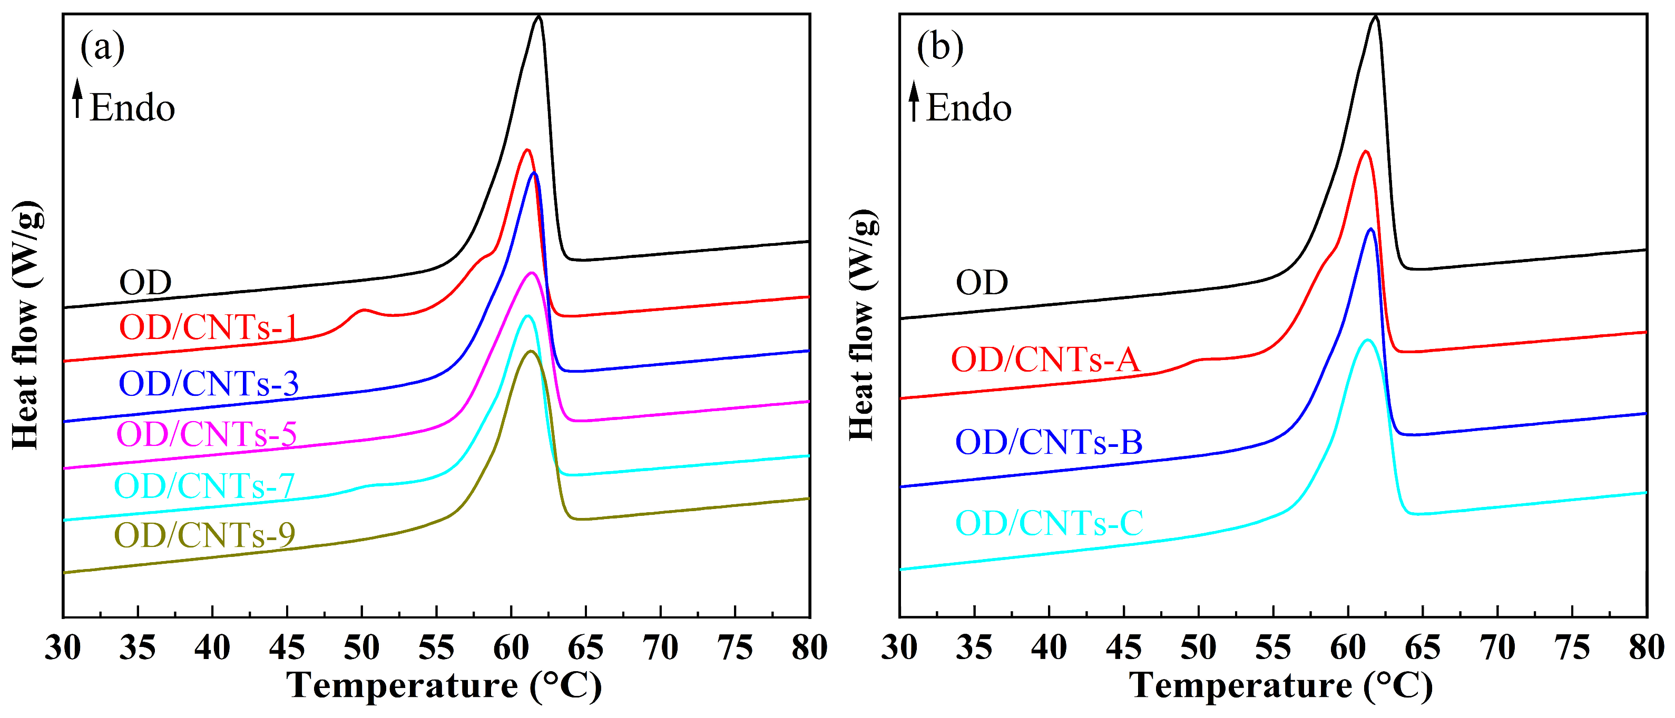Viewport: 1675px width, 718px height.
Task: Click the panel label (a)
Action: click(102, 47)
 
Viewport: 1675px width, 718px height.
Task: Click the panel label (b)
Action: click(939, 47)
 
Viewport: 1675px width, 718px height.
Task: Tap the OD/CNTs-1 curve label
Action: click(208, 327)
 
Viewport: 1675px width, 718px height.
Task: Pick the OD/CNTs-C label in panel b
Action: click(1049, 523)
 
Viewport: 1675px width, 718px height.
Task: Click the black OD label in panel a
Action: click(145, 283)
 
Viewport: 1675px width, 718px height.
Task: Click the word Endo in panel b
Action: click(969, 108)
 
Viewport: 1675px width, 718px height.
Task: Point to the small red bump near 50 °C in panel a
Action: click(364, 311)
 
